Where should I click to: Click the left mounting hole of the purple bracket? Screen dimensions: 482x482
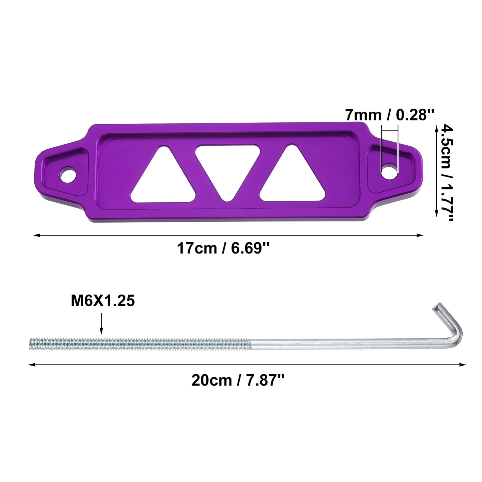point(68,174)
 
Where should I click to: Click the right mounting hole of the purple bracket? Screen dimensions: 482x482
point(390,171)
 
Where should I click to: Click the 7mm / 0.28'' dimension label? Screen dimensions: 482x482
point(389,115)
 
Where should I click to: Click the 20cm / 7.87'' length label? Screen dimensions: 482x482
point(238,381)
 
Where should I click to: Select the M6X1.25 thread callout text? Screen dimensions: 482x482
point(103,301)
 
